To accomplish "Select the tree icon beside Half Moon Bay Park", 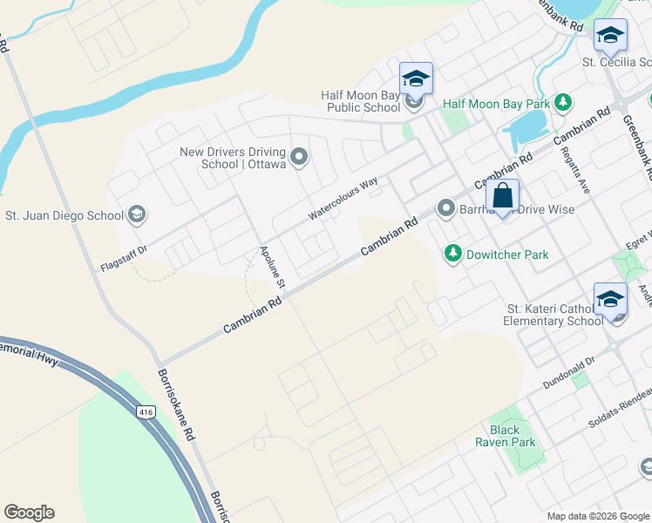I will tap(563, 104).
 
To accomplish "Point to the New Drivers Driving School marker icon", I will tap(299, 158).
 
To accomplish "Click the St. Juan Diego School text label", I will tap(65, 215).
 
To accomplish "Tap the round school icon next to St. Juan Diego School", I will tap(136, 214).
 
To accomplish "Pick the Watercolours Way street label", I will tap(343, 198).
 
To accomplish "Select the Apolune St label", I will tap(273, 267).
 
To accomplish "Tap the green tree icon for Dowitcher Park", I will tap(452, 255).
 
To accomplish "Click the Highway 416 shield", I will tap(147, 410).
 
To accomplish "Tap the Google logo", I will tap(29, 513).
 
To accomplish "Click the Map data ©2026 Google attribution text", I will tap(597, 516).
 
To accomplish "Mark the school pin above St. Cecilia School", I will tap(610, 35).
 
